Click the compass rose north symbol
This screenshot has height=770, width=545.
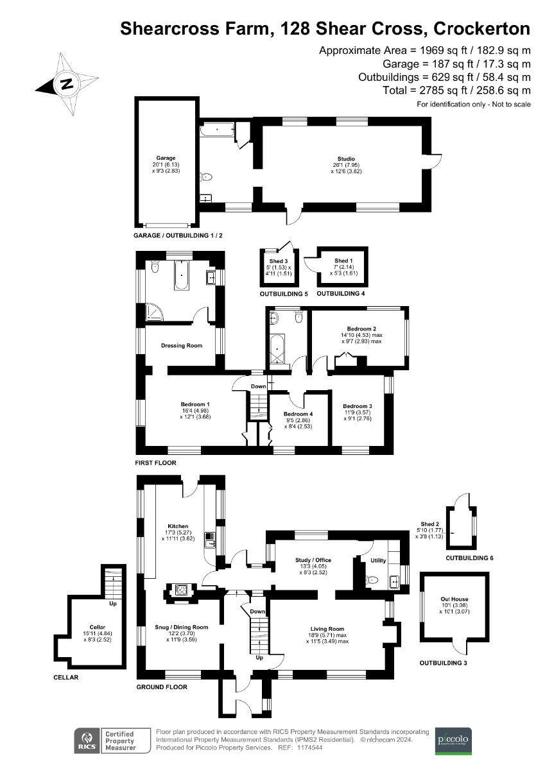click(x=66, y=83)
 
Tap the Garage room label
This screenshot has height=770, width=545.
click(x=166, y=158)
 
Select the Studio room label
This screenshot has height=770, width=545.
click(x=348, y=159)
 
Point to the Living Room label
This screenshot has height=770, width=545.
click(x=327, y=629)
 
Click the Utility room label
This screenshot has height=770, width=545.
click(x=378, y=561)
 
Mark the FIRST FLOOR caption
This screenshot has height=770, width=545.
click(x=155, y=463)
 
